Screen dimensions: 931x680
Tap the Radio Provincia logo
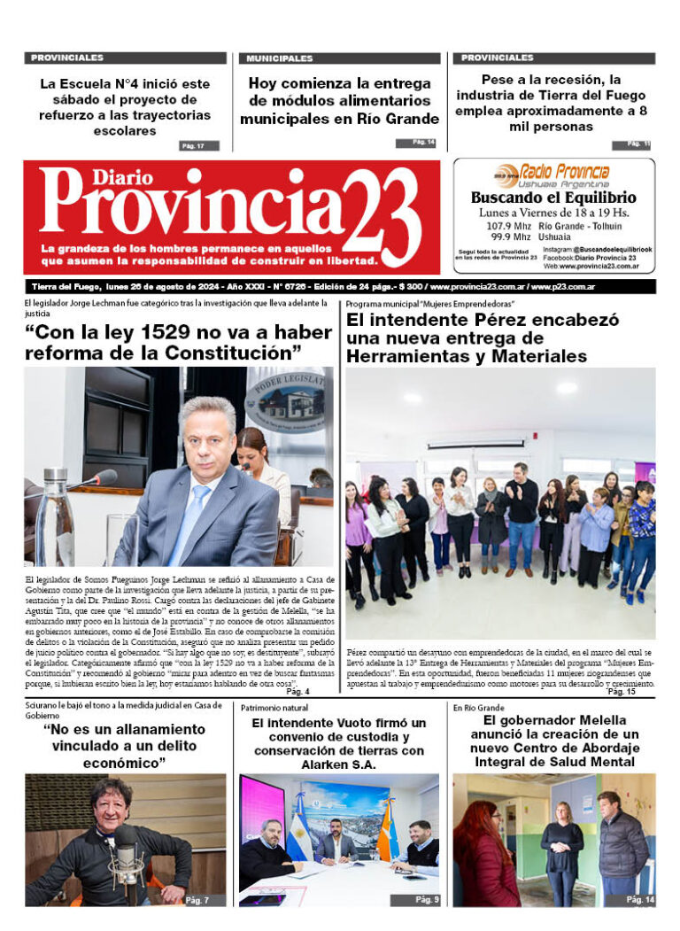(553, 173)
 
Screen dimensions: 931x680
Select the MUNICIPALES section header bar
(339, 58)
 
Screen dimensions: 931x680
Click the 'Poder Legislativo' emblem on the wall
(285, 399)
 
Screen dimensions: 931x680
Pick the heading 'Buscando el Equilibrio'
(553, 198)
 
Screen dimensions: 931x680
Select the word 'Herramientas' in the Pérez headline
(404, 356)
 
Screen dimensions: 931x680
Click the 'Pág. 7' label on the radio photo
(197, 900)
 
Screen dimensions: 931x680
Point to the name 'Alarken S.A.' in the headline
(338, 764)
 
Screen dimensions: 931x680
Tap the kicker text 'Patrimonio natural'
(274, 709)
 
